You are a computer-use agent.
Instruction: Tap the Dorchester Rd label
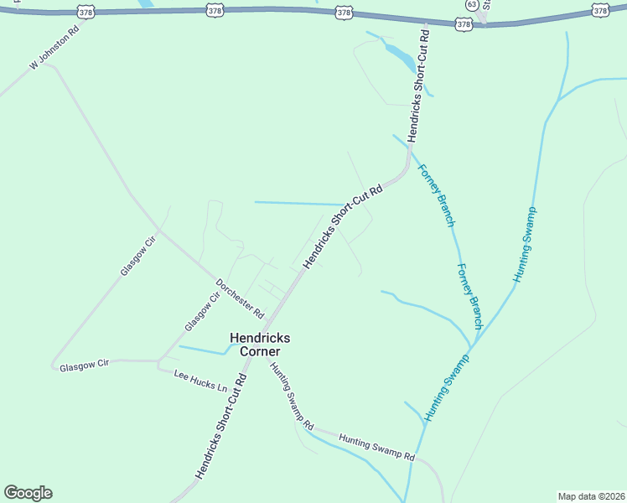[x=240, y=298]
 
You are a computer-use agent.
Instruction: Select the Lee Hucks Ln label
[x=200, y=381]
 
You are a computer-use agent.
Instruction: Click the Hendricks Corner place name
[x=260, y=344]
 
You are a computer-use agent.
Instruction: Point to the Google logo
[x=28, y=493]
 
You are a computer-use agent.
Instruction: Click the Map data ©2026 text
[x=591, y=496]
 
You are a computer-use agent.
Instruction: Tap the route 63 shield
[x=473, y=4]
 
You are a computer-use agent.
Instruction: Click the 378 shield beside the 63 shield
[x=464, y=24]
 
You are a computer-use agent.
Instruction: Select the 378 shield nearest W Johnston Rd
[x=85, y=13]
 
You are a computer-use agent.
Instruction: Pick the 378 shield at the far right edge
[x=599, y=10]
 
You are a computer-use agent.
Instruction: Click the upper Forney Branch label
[x=437, y=195]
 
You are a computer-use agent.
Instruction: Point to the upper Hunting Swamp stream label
[x=526, y=243]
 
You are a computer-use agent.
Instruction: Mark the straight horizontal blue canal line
[x=298, y=203]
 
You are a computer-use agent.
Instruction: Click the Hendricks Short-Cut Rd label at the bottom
[x=222, y=427]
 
